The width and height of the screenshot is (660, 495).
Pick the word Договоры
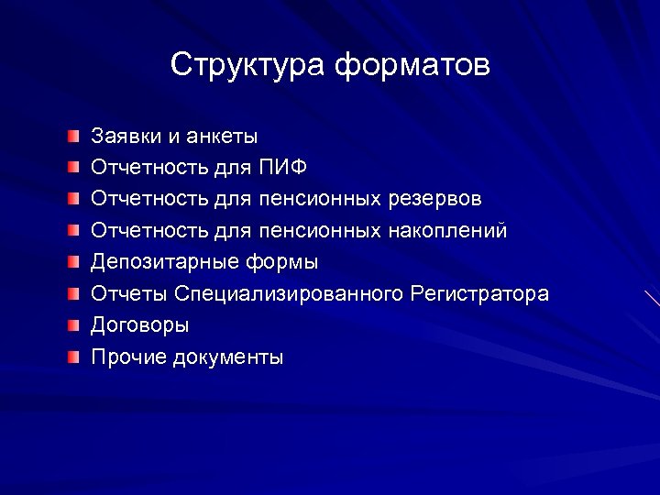140,325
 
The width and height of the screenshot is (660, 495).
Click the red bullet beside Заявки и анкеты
73,137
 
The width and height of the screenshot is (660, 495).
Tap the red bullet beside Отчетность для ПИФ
73,168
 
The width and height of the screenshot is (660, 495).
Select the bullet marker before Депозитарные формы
73,262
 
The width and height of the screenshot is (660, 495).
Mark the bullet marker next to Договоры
73,325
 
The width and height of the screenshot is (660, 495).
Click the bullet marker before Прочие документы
73,357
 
